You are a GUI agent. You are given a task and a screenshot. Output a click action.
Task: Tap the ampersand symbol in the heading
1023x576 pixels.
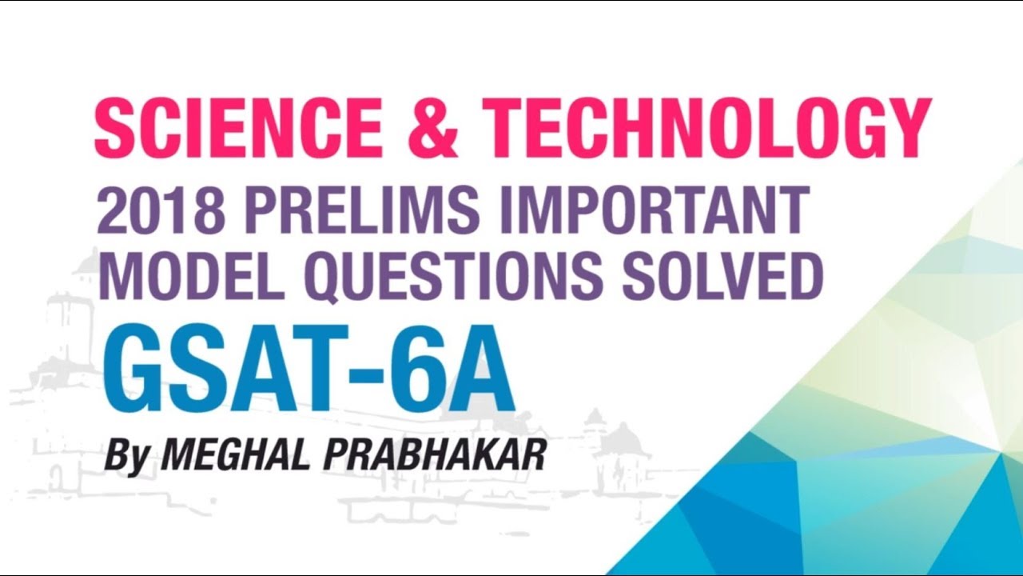click(x=438, y=129)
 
